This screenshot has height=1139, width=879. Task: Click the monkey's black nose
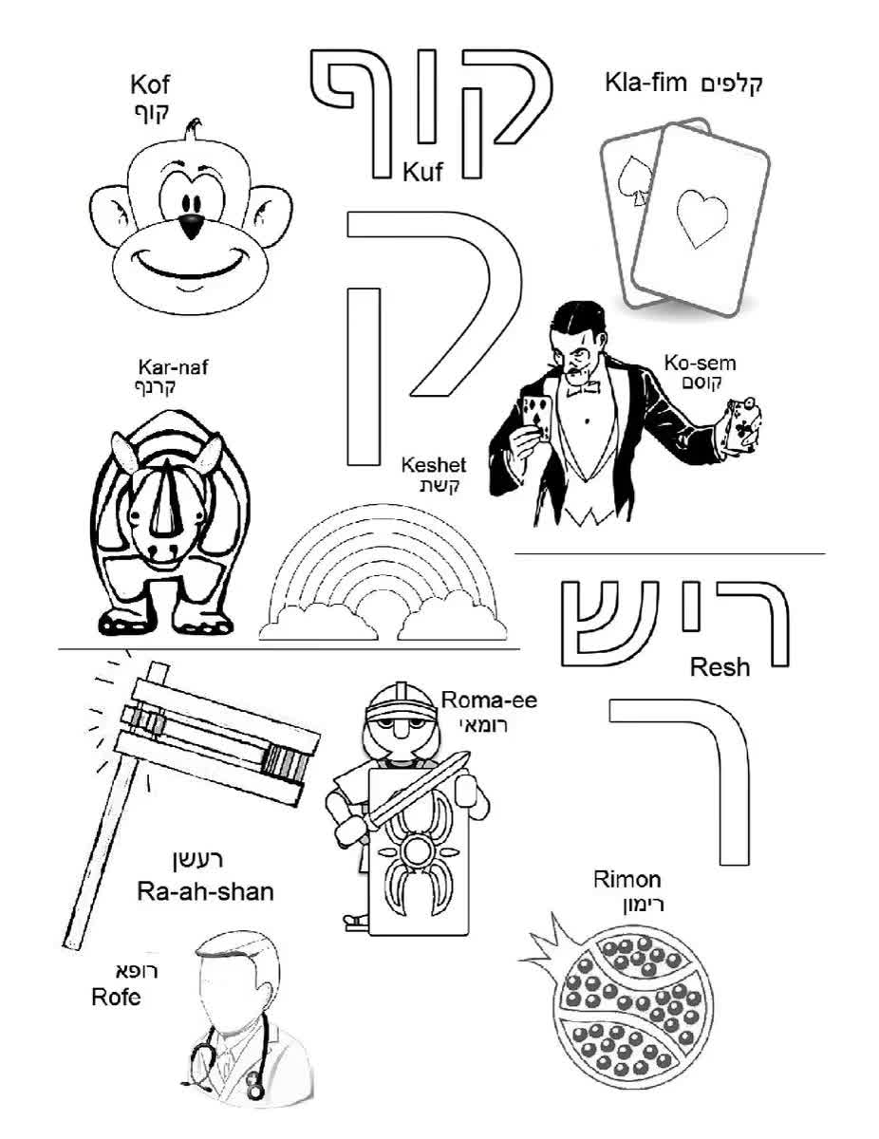click(x=191, y=225)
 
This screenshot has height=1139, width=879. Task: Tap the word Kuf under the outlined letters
click(x=422, y=172)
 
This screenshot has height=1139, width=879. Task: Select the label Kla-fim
click(x=645, y=83)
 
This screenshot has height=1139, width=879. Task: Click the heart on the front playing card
click(x=701, y=218)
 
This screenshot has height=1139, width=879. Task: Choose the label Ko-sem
click(x=700, y=363)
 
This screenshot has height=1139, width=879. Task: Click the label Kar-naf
click(x=173, y=367)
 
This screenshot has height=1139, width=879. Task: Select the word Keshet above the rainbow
click(x=434, y=464)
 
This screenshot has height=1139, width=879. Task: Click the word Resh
click(x=720, y=667)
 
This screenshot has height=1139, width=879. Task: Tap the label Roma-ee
click(x=489, y=700)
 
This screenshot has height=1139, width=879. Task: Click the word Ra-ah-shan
click(x=205, y=891)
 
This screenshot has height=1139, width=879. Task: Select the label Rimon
click(x=627, y=879)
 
